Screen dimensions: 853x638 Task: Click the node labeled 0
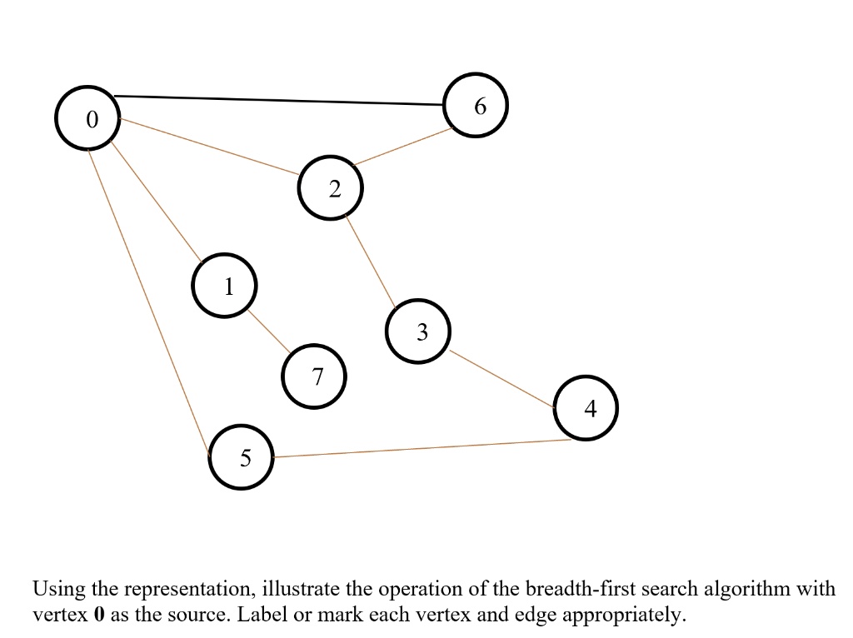point(87,117)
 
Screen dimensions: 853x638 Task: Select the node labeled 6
point(476,105)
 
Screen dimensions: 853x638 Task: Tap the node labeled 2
point(330,187)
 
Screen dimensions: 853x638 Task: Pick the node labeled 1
point(224,285)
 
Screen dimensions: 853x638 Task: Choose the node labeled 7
point(314,376)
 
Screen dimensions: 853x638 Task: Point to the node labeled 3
point(418,331)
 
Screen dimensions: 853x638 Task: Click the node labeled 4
point(586,407)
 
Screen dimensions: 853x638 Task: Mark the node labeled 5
point(241,457)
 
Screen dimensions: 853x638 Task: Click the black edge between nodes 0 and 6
point(278,100)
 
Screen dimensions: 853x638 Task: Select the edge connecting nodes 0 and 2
point(209,147)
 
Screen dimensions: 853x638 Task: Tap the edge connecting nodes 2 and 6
point(402,147)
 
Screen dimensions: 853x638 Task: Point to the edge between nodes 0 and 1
point(156,202)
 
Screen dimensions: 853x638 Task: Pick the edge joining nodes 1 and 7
point(269,331)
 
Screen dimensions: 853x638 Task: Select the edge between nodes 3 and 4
point(502,379)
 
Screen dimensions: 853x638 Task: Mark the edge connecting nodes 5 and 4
point(422,448)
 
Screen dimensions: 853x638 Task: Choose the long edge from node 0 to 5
point(149,302)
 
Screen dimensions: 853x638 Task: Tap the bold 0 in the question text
point(99,615)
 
